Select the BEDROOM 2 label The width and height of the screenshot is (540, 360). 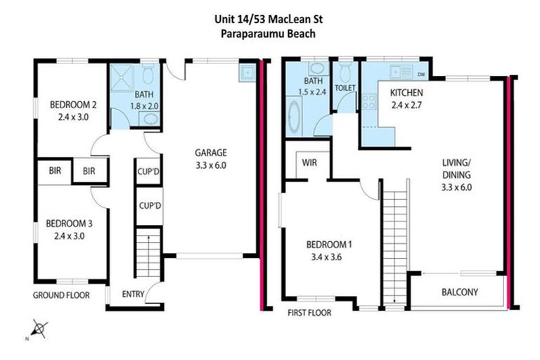[73, 105]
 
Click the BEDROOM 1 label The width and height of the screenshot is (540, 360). [328, 245]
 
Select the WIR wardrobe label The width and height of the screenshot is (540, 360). [309, 162]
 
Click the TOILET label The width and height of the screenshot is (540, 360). [345, 88]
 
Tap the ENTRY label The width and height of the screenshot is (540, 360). [133, 294]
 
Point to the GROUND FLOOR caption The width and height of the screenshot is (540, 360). [61, 295]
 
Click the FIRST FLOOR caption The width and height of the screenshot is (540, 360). [309, 312]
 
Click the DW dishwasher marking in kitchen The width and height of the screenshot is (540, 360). [421, 74]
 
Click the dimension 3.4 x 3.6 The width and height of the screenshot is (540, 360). [328, 257]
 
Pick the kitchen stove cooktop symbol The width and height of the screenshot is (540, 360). [369, 103]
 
